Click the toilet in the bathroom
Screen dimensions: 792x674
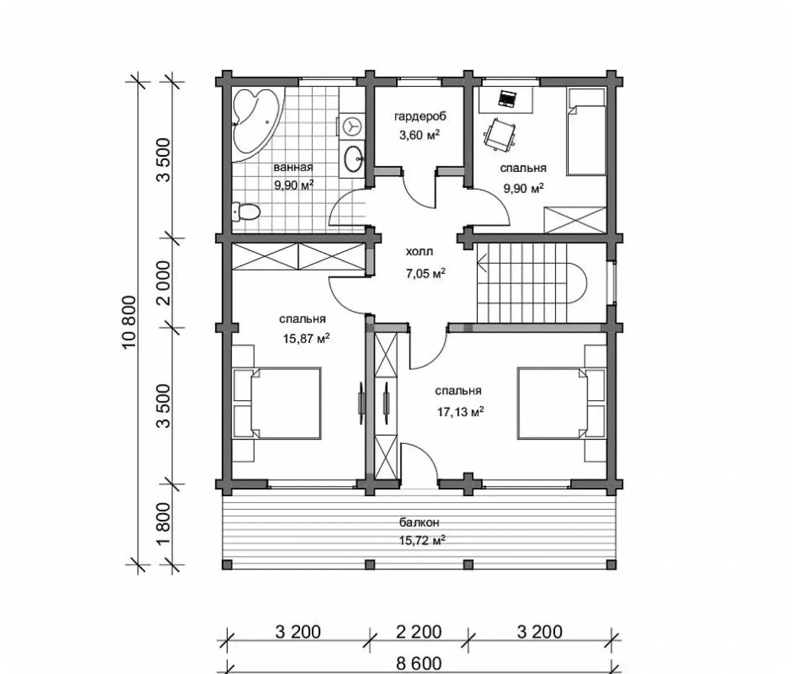(x=246, y=212)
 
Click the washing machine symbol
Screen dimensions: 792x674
(x=352, y=125)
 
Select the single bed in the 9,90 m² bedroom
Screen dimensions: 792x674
(x=586, y=131)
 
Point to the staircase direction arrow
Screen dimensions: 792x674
(x=482, y=263)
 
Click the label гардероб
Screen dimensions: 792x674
(x=420, y=116)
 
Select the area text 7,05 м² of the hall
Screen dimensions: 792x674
(x=425, y=273)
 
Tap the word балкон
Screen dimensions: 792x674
(x=419, y=523)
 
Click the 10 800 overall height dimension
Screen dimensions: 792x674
(x=130, y=321)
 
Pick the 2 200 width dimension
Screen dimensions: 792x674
(x=419, y=632)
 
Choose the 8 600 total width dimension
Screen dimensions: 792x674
(x=419, y=663)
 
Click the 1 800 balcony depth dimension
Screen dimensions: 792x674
(x=163, y=524)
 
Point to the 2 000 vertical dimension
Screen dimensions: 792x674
(x=163, y=283)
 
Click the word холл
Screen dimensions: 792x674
(x=420, y=252)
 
